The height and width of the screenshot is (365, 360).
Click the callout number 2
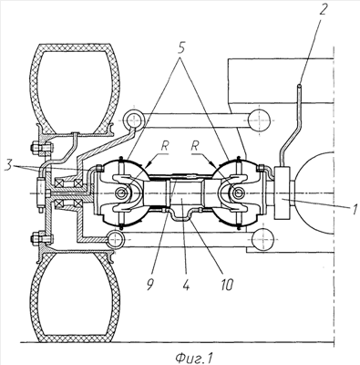click(323, 9)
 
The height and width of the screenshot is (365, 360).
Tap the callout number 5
click(181, 48)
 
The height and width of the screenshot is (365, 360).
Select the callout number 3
click(9, 168)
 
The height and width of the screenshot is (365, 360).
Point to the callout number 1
click(355, 210)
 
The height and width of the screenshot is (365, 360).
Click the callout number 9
click(150, 285)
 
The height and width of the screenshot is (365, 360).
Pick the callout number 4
click(187, 285)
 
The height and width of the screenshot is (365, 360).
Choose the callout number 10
click(227, 285)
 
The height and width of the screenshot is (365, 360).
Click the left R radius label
click(164, 147)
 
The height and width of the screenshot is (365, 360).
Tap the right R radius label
click(195, 147)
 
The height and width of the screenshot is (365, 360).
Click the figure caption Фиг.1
click(195, 358)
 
